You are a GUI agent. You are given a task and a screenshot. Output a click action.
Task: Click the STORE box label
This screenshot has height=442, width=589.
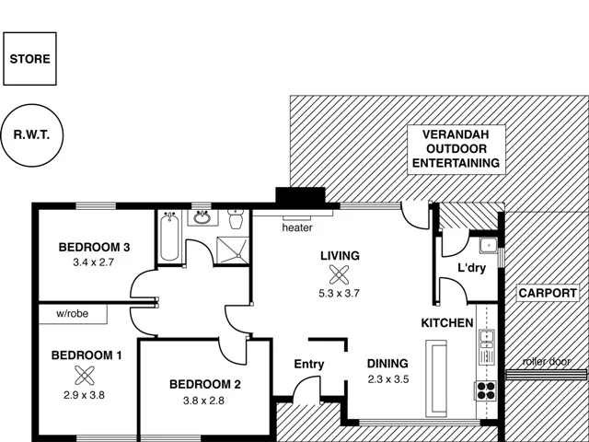30,59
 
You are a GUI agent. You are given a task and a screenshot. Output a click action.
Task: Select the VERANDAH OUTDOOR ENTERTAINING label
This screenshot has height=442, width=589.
456,148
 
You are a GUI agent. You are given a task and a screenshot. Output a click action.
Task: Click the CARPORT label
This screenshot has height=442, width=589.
547,294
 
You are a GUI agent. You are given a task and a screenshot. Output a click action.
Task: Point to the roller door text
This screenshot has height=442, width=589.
546,362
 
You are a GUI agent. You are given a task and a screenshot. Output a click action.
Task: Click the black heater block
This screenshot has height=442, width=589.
300,198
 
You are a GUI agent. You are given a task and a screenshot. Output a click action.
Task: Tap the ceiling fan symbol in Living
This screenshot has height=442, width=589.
340,274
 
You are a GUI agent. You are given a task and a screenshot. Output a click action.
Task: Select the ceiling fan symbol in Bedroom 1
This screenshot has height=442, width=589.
86,375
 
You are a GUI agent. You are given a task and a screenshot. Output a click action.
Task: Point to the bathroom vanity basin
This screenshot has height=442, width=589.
202,218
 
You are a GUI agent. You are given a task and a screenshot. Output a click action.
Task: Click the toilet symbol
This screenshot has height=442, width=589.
235,219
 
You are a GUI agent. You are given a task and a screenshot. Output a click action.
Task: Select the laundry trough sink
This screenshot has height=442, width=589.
487,247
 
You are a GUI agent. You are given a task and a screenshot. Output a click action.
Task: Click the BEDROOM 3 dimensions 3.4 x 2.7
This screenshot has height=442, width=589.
93,262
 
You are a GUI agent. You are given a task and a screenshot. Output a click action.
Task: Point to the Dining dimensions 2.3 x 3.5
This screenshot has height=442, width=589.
387,379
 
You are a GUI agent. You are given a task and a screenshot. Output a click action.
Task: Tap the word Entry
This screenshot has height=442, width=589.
308,364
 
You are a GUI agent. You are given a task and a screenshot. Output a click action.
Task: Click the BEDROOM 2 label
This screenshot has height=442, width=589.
204,384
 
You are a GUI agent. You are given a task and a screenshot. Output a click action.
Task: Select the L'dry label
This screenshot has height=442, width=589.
471,269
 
